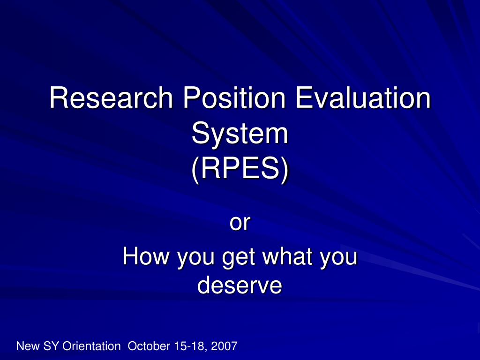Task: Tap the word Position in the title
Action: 234,97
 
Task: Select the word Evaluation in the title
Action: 363,97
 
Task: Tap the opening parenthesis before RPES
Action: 196,170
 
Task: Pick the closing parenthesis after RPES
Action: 285,170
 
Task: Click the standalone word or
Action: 240,223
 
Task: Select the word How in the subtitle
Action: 146,256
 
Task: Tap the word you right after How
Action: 196,259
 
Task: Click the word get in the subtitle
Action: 239,258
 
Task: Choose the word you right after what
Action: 338,259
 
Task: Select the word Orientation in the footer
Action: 91,346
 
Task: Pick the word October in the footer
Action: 149,346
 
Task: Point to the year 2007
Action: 225,346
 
